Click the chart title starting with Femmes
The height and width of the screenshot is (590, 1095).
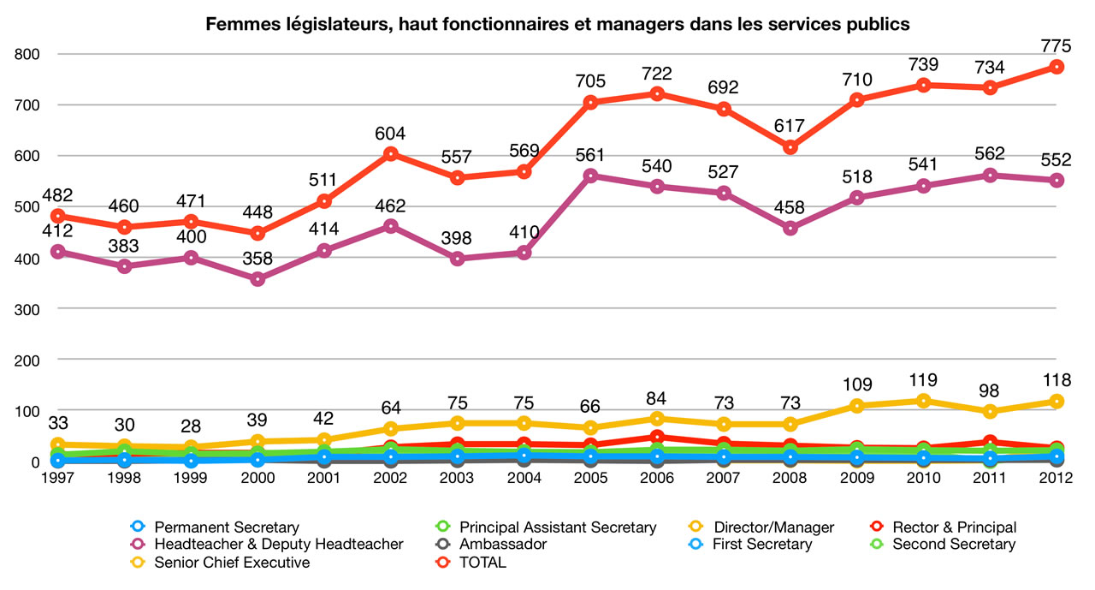coord(557,25)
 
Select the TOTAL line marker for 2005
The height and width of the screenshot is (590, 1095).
coord(590,102)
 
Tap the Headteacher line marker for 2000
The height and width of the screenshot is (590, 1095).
coord(257,279)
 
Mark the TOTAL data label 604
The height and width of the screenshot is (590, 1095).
coord(390,134)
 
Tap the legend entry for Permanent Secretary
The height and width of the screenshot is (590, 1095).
coord(227,527)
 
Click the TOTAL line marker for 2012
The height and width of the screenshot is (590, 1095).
coord(1057,67)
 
